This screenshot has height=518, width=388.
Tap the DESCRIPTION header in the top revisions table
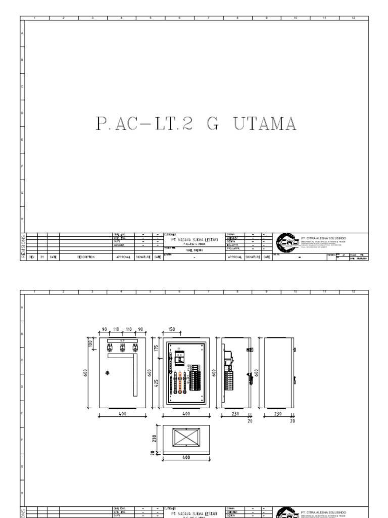[x=86, y=257]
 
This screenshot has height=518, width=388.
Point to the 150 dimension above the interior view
[x=172, y=329]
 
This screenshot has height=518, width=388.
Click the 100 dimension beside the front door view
[x=91, y=344]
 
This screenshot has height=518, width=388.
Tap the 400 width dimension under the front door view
[x=122, y=414]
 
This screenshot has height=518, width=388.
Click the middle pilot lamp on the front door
[x=122, y=347]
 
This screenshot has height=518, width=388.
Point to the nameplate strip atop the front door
[x=122, y=340]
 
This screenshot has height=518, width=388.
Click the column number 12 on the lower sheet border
[x=354, y=292]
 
